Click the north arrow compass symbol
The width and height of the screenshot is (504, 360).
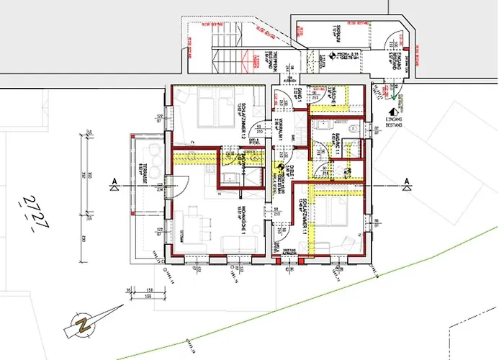coord(86,322)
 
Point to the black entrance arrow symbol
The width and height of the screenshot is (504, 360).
coord(393,112)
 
